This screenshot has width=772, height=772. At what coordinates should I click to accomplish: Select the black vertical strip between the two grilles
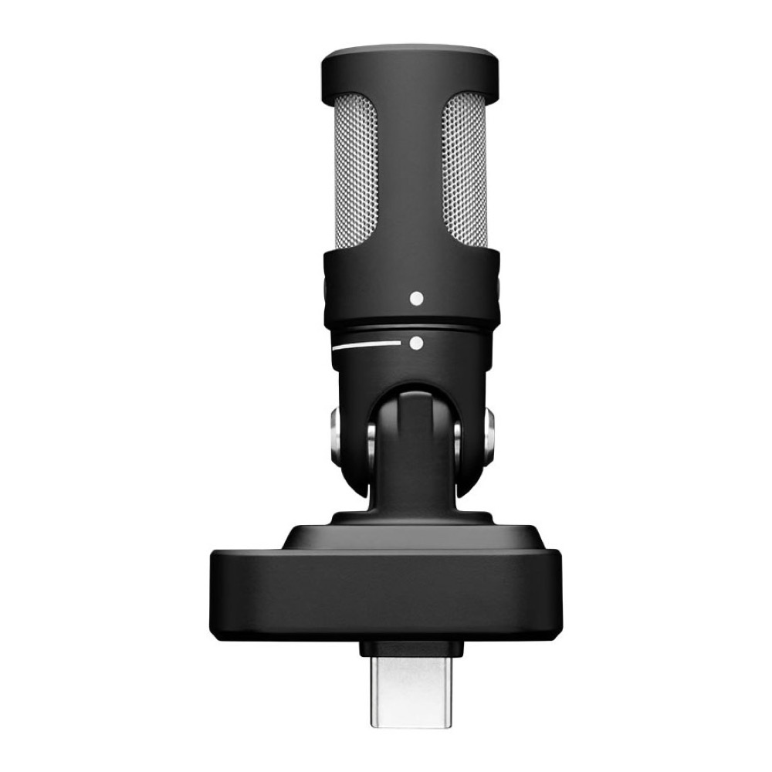point(408,178)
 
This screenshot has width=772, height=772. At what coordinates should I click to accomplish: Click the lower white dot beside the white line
point(417,344)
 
